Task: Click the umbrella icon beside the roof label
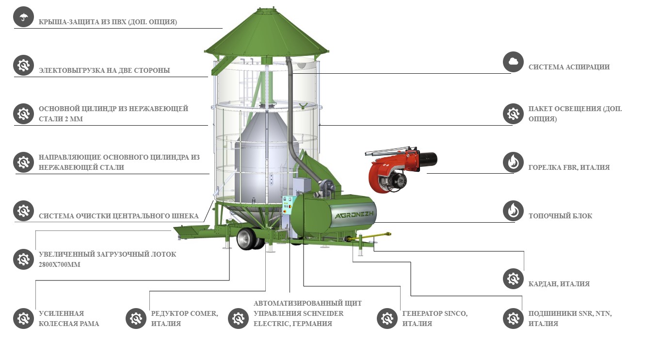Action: click(x=22, y=18)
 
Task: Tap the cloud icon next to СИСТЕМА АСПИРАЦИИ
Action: click(x=513, y=62)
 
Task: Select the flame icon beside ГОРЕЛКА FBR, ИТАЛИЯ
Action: click(x=513, y=162)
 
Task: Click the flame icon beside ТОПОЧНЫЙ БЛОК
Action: click(x=513, y=211)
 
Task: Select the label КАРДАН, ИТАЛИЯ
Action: click(x=559, y=284)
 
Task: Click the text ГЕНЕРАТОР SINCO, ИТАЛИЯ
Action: click(x=435, y=318)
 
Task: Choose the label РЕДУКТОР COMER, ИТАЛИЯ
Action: click(x=184, y=318)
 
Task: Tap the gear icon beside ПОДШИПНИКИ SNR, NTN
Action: click(x=513, y=318)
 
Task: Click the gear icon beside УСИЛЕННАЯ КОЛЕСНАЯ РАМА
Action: click(x=22, y=318)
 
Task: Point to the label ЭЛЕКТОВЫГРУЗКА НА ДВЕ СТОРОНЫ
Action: click(x=104, y=70)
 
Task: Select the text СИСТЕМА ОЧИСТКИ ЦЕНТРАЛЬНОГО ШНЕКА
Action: click(x=118, y=216)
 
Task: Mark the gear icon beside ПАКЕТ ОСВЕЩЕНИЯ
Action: click(x=513, y=114)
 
